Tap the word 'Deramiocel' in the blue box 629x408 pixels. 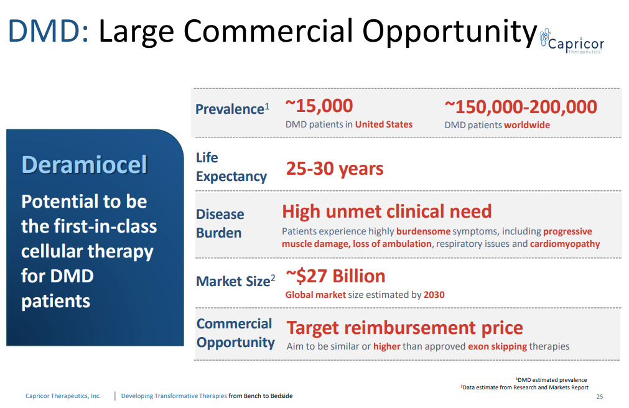pos(84,165)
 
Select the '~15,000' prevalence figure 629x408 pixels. pos(319,106)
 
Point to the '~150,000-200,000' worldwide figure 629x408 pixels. pos(520,106)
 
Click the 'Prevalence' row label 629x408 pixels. pos(230,109)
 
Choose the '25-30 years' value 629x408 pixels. pos(334,169)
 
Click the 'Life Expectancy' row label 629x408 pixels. pos(231,167)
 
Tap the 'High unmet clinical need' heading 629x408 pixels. pos(386,211)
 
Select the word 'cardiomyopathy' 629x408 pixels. pos(565,244)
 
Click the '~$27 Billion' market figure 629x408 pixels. pos(335,276)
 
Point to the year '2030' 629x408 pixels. pos(434,295)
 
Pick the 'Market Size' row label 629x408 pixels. pos(233,281)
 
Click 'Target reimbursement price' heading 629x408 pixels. pos(404,328)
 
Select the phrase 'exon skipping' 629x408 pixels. pos(497,346)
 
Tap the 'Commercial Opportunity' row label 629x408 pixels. pos(235,333)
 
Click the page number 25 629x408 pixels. pos(599,396)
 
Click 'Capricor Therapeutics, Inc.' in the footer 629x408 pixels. pos(63,396)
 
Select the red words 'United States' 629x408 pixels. pos(383,124)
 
